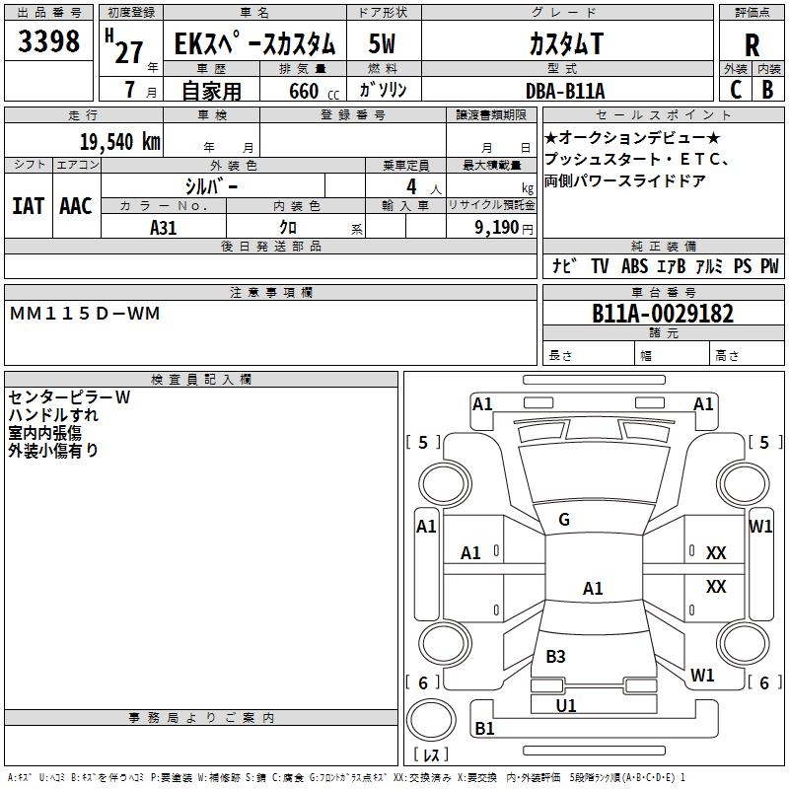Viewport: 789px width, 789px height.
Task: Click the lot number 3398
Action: [x=48, y=40]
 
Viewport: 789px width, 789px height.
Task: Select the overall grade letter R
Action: [x=752, y=45]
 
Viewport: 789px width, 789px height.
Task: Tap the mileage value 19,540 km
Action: [x=119, y=141]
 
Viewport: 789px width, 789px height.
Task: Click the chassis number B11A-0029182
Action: [x=663, y=313]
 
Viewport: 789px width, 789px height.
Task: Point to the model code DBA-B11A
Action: [x=565, y=91]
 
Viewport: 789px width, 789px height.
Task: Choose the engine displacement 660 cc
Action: [x=314, y=92]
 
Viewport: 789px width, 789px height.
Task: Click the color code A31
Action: [x=163, y=228]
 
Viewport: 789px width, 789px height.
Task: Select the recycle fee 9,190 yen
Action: [x=504, y=228]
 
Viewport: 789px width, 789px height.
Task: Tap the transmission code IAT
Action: [x=29, y=206]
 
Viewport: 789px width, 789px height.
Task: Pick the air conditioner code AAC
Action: [x=76, y=206]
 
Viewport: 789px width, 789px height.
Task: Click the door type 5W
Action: [x=382, y=43]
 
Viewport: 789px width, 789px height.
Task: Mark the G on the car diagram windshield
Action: [x=564, y=520]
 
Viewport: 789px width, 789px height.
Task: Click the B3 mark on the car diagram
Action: [x=555, y=656]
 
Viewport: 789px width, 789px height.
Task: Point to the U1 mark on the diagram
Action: [x=565, y=705]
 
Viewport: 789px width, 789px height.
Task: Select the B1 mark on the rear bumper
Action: [x=484, y=728]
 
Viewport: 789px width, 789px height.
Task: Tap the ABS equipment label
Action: [x=634, y=265]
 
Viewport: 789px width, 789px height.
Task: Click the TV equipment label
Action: [x=600, y=265]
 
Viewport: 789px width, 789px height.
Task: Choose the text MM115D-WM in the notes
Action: [x=85, y=314]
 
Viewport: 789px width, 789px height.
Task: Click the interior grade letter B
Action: [x=767, y=90]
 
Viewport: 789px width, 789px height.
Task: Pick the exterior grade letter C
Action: [x=736, y=90]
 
